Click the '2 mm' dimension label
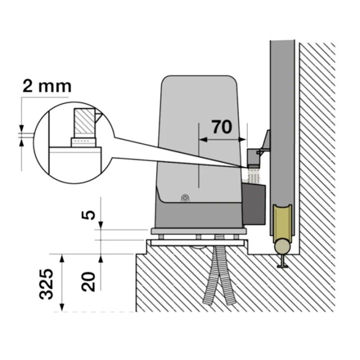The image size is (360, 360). coord(46,85)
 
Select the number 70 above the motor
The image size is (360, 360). coord(222,127)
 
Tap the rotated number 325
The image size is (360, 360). coord(47,284)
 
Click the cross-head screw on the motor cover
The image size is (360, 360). coord(185,198)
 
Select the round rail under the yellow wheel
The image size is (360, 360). coord(281,246)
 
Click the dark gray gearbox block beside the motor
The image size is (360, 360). coord(253,202)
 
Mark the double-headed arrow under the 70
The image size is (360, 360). coord(222,140)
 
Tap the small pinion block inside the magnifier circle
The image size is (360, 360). coord(83,142)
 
